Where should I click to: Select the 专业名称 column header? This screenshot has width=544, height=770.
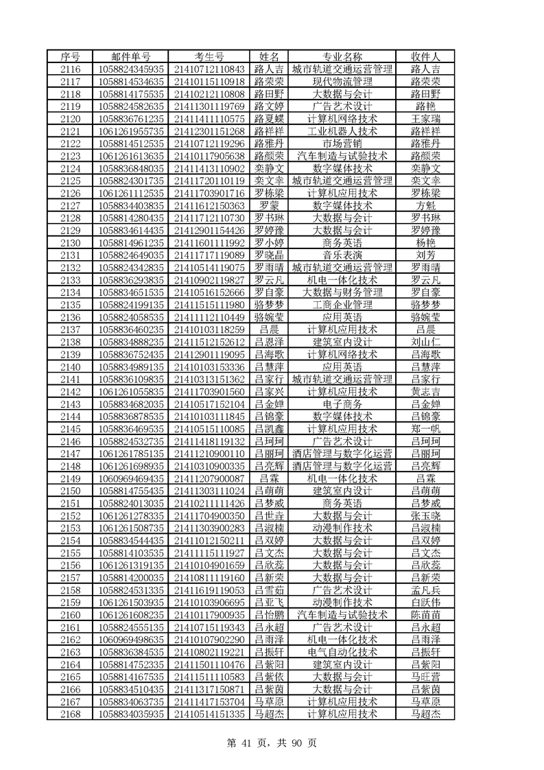[x=342, y=56]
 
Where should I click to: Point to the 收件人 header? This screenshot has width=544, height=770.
[x=425, y=56]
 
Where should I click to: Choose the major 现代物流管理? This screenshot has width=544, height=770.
[x=342, y=81]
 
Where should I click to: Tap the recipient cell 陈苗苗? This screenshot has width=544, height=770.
[x=425, y=615]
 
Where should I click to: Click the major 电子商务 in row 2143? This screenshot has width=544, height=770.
[x=342, y=404]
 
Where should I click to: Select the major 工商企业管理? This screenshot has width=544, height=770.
[x=342, y=305]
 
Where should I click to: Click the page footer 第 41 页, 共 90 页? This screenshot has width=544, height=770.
[x=272, y=742]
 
